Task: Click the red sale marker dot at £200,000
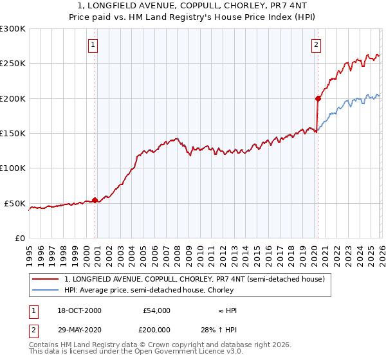[x=318, y=98]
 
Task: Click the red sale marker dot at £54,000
[x=95, y=200]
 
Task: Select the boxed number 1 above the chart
[x=94, y=45]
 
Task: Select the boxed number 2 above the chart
[x=317, y=45]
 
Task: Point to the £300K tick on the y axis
[x=13, y=29]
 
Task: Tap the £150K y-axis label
[x=13, y=134]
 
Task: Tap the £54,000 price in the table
[x=156, y=310]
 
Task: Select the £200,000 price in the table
[x=154, y=329]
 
